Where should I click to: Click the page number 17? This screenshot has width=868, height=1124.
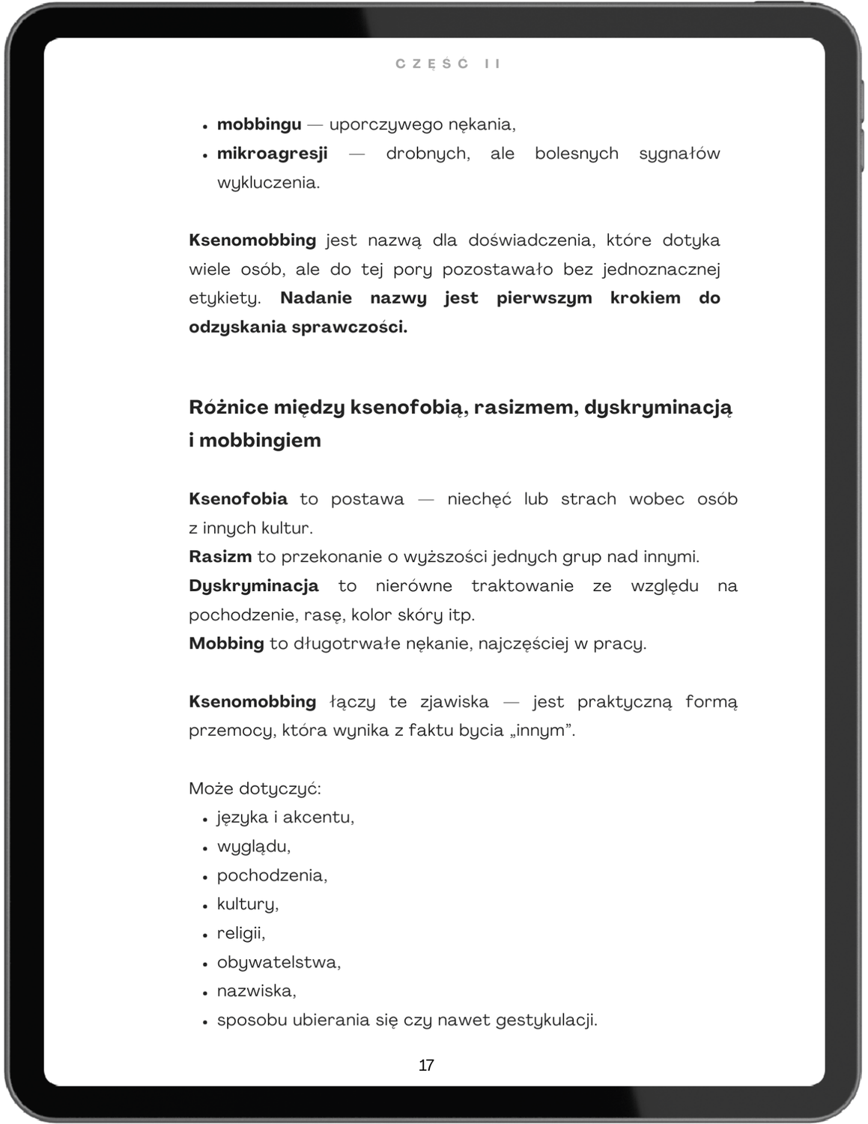pos(426,1065)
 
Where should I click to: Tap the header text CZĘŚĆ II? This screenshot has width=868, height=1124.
pos(448,64)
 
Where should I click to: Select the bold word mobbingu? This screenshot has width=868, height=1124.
pos(259,124)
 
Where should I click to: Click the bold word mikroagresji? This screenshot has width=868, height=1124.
pos(273,154)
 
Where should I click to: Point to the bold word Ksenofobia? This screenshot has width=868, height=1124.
pos(238,499)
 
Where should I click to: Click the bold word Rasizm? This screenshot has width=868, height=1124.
pos(220,557)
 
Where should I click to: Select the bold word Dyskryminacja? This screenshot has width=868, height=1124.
pos(254,586)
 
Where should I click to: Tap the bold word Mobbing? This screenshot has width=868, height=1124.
pos(226,644)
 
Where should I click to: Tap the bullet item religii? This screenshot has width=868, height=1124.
pos(241,933)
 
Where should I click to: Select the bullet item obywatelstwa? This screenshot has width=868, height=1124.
pos(279,962)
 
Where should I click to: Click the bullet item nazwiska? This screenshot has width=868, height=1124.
pos(256,991)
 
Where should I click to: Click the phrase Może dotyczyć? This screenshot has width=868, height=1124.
pos(255,789)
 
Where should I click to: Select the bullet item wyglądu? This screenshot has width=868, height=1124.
pos(253,847)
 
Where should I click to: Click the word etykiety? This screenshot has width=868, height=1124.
pos(225,298)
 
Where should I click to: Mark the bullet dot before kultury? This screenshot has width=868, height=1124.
pos(204,906)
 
